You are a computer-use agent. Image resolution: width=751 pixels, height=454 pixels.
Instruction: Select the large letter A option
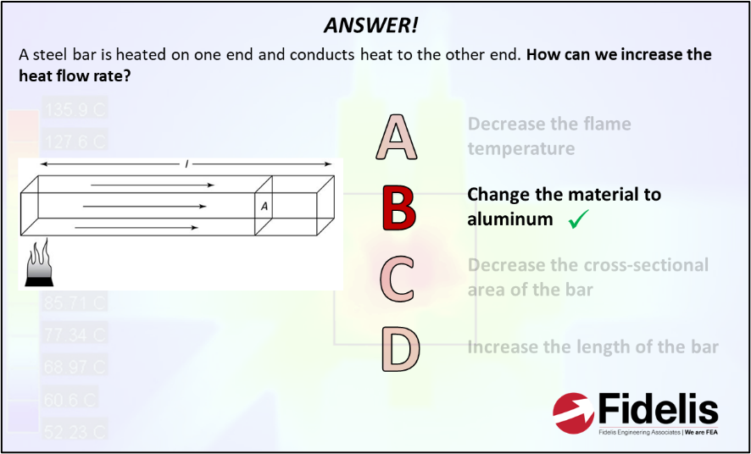[x=397, y=137]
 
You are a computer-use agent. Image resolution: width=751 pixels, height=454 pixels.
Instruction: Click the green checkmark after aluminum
[x=579, y=220]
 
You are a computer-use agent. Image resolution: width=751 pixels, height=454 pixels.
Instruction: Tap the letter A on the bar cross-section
[x=264, y=205]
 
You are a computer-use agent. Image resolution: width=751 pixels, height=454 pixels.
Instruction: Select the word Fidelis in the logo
[x=659, y=410]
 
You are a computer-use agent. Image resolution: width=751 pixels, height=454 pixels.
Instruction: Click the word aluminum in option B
[x=508, y=219]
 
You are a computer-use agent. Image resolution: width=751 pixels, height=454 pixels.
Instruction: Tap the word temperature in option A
[x=521, y=149]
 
